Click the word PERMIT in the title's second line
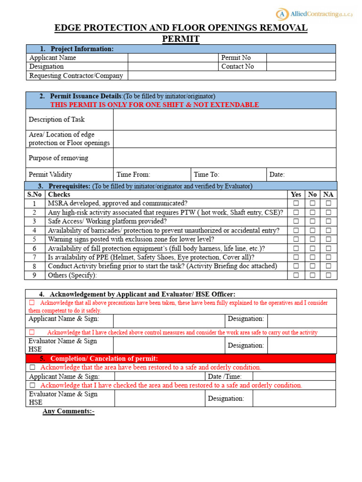click(x=181, y=39)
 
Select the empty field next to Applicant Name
click(x=173, y=57)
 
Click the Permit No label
click(x=236, y=57)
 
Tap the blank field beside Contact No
click(x=301, y=66)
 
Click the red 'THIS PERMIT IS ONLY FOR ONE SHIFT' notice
click(x=155, y=104)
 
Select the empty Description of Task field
click(x=224, y=120)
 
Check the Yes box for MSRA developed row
click(x=296, y=203)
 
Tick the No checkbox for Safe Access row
click(x=312, y=221)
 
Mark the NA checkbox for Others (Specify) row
click(x=328, y=275)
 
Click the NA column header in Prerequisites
click(x=328, y=194)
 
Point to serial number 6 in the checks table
click(x=34, y=248)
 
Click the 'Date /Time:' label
click(x=225, y=376)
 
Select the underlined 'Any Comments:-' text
click(x=68, y=411)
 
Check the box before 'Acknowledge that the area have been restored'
click(x=33, y=367)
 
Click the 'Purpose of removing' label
click(x=58, y=158)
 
